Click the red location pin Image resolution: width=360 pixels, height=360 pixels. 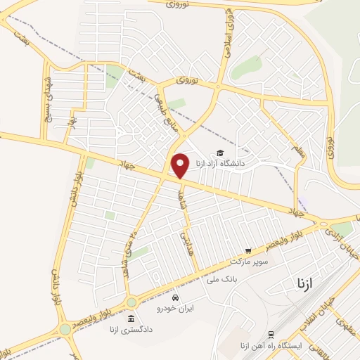point(180,165)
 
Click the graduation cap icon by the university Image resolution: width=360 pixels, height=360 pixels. point(220,153)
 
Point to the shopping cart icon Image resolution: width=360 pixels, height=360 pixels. point(247,250)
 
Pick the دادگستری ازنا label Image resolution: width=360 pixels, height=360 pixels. point(130,328)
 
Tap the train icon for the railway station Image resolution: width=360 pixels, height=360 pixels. point(271,335)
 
